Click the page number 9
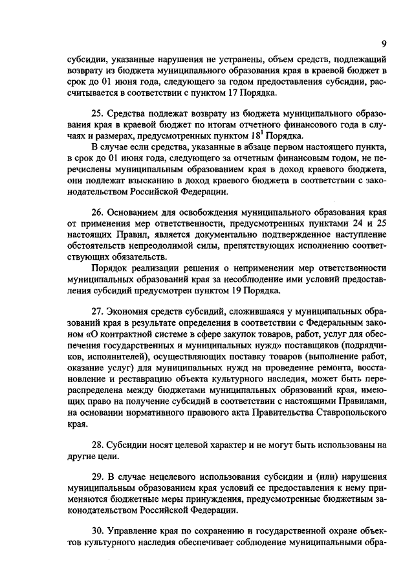[x=384, y=44]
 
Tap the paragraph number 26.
[x=96, y=212]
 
